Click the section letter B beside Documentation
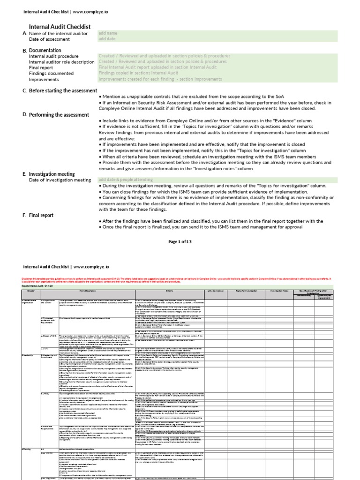pyautogui.click(x=24, y=50)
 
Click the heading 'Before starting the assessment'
pyautogui.click(x=63, y=90)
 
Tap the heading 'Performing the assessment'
pyautogui.click(x=59, y=115)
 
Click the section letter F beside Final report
pyautogui.click(x=24, y=216)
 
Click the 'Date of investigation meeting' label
pyautogui.click(x=60, y=180)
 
